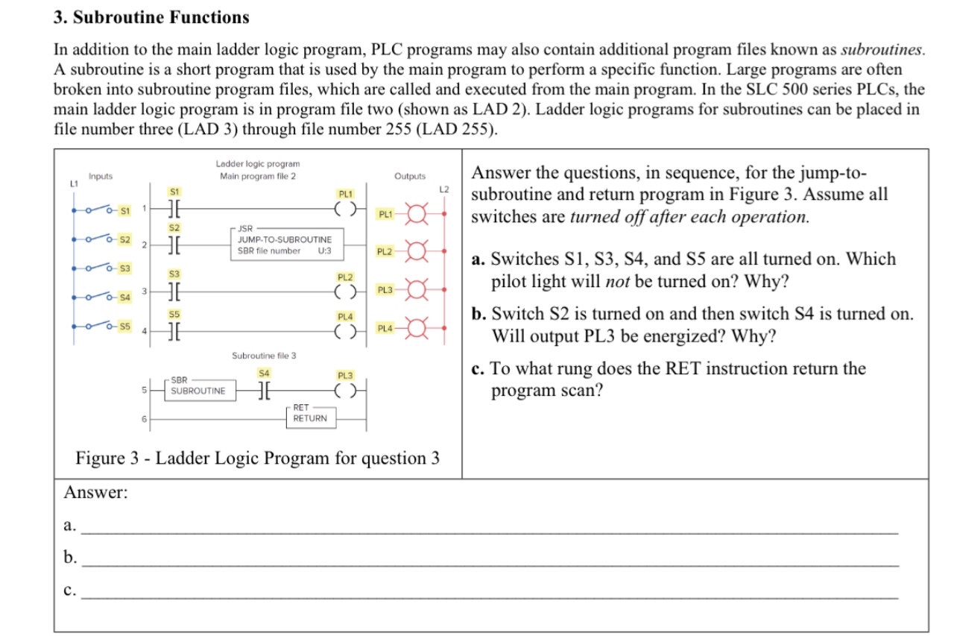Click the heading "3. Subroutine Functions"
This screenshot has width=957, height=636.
152,16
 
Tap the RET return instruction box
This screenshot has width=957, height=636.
309,413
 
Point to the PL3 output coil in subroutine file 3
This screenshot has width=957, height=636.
344,389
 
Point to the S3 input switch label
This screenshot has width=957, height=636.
124,268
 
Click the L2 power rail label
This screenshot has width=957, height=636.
444,189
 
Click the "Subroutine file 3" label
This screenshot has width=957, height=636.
264,356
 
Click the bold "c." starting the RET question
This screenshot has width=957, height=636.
479,368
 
